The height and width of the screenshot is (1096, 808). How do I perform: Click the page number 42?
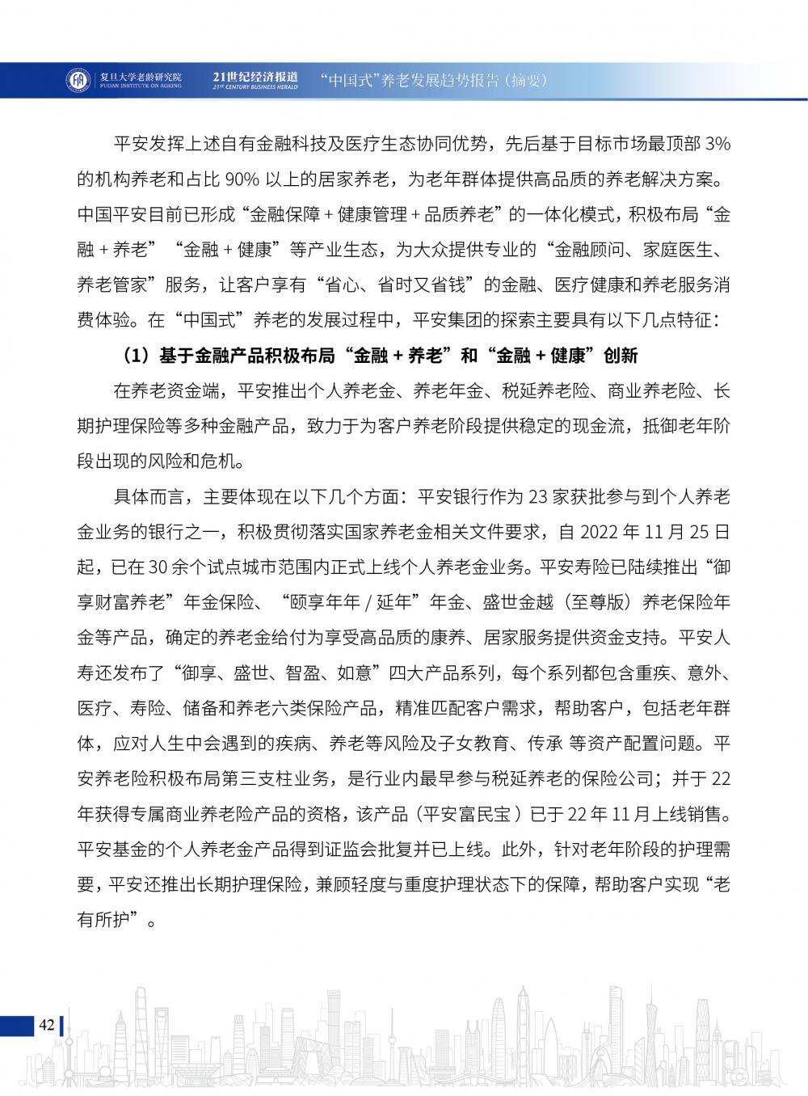tap(46, 1025)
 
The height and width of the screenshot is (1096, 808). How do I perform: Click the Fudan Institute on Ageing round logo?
tap(77, 79)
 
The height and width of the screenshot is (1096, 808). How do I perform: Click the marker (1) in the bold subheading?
tap(135, 355)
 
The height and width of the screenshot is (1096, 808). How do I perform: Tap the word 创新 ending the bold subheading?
tap(620, 355)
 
